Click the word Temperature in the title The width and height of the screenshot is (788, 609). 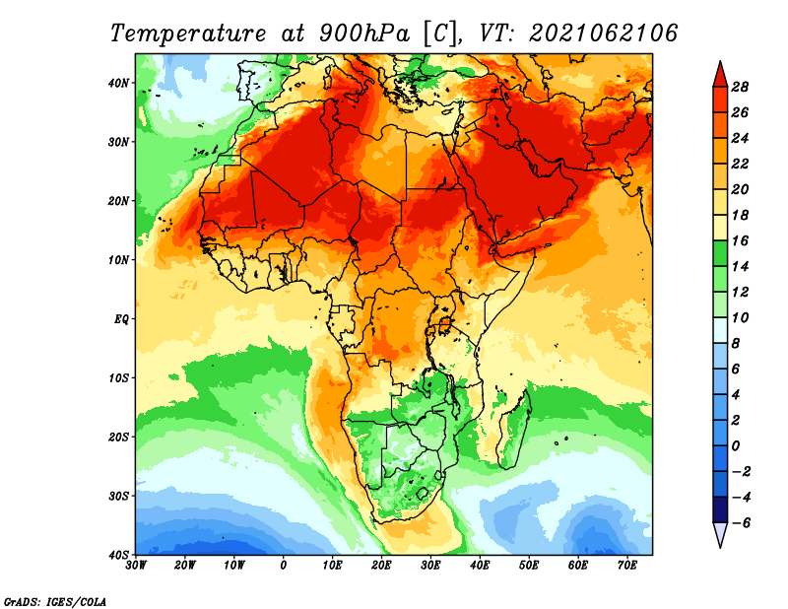pyautogui.click(x=188, y=34)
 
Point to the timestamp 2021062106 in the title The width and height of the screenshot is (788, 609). pyautogui.click(x=604, y=34)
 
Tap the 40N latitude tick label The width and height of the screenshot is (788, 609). pyautogui.click(x=118, y=83)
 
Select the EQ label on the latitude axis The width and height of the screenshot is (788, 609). pyautogui.click(x=121, y=319)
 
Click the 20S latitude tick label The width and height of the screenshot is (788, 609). pyautogui.click(x=118, y=437)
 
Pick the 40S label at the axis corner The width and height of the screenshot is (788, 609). pyautogui.click(x=118, y=555)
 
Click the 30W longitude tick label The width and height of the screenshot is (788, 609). pyautogui.click(x=136, y=566)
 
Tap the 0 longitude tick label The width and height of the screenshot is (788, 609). pyautogui.click(x=284, y=566)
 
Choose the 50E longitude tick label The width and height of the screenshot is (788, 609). pyautogui.click(x=529, y=566)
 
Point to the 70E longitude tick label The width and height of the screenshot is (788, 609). pyautogui.click(x=627, y=566)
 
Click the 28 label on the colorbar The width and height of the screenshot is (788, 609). pyautogui.click(x=740, y=88)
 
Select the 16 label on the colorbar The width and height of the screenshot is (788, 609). pyautogui.click(x=740, y=241)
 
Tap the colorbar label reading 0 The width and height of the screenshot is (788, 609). pyautogui.click(x=736, y=446)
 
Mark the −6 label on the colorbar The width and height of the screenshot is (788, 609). pyautogui.click(x=740, y=523)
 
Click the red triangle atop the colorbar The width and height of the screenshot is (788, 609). pyautogui.click(x=720, y=77)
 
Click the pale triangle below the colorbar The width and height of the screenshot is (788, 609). pyautogui.click(x=720, y=533)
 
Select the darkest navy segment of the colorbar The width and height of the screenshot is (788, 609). pyautogui.click(x=720, y=509)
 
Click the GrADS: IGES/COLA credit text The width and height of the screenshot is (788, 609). pyautogui.click(x=55, y=602)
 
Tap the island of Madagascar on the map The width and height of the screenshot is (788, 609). pyautogui.click(x=515, y=430)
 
